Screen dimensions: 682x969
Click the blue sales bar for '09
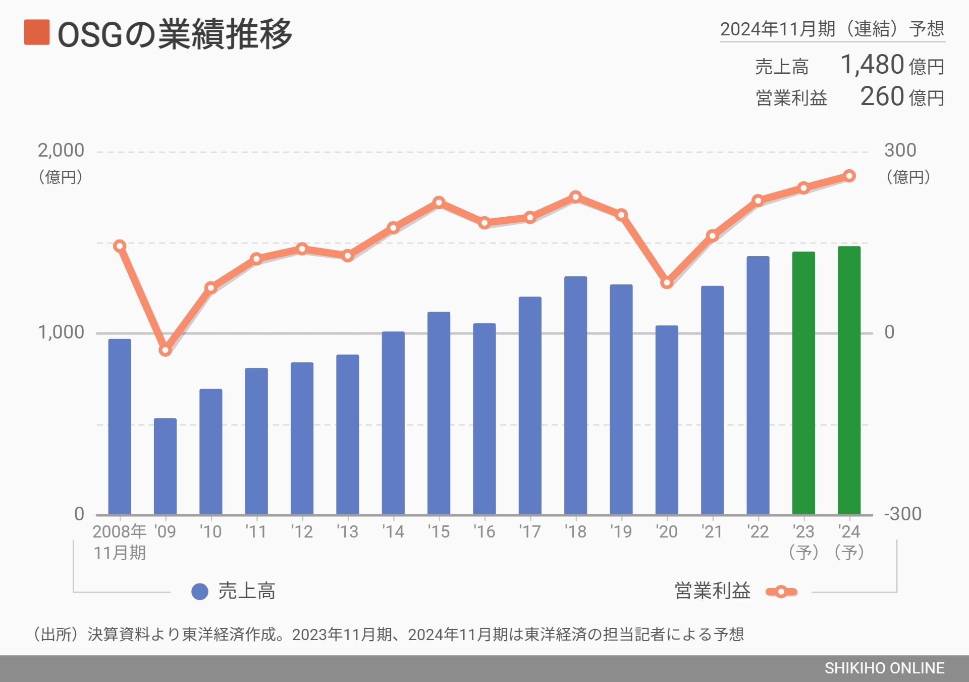click(x=165, y=466)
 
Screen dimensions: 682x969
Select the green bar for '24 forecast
click(x=849, y=380)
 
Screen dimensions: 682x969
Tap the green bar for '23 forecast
click(x=803, y=382)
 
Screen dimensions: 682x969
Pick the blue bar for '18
click(x=575, y=395)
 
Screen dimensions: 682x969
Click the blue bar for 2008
click(x=120, y=426)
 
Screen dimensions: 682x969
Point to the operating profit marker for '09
click(x=165, y=350)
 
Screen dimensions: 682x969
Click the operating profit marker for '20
click(x=667, y=282)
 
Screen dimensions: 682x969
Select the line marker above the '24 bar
click(x=849, y=176)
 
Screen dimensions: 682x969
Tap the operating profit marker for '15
click(x=439, y=202)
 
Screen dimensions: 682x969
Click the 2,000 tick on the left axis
click(x=61, y=151)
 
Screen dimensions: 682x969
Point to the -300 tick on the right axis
click(x=902, y=514)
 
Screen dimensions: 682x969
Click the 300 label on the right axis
click(x=900, y=151)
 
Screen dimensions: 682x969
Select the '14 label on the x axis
click(x=393, y=531)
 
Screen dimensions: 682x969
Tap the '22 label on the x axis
click(x=758, y=531)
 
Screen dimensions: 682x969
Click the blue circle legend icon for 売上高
click(x=200, y=592)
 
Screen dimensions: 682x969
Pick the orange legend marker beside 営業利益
click(x=781, y=592)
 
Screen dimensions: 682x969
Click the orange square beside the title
click(x=37, y=32)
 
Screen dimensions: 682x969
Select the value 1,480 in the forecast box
click(x=872, y=65)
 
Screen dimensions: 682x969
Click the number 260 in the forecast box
click(x=882, y=96)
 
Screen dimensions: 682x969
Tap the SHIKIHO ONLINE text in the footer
click(x=884, y=668)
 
